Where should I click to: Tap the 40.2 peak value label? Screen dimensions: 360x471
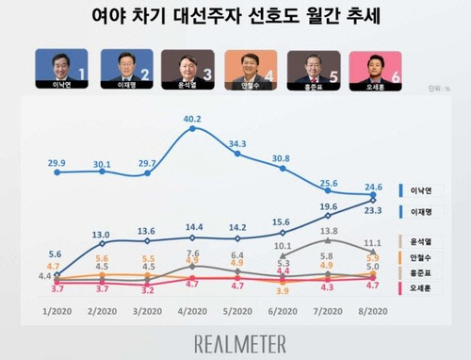[192, 119]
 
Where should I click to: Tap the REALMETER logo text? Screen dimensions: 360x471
[235, 341]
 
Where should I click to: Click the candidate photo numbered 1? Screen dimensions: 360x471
[61, 69]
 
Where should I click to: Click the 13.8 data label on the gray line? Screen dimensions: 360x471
[329, 231]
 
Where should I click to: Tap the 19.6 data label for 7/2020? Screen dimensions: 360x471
[328, 206]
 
